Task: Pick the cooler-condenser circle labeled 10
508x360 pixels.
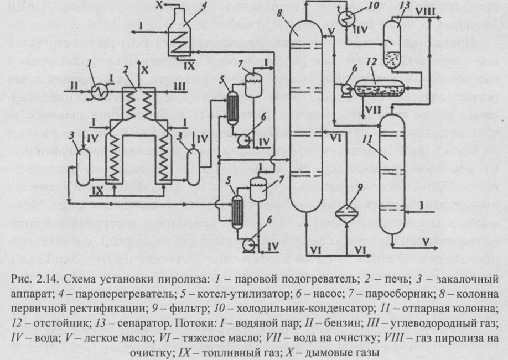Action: point(348,20)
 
